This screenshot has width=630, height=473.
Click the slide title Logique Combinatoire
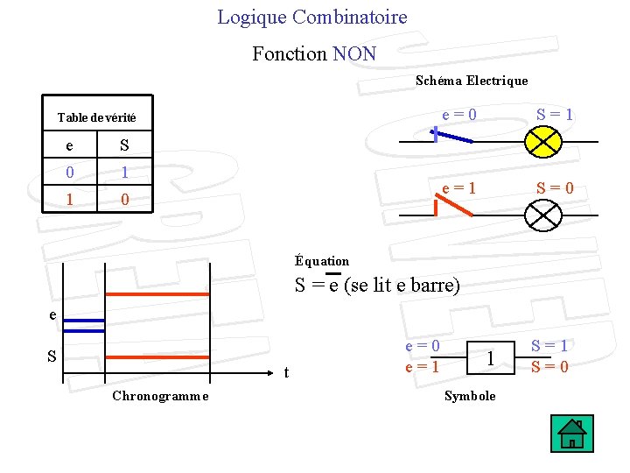click(311, 17)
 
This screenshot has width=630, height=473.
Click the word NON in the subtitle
click(354, 53)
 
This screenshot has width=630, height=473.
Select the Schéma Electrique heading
click(472, 81)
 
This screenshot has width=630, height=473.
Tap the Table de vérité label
click(96, 117)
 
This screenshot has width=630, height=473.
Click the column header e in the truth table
click(70, 145)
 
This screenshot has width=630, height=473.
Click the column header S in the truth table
click(124, 145)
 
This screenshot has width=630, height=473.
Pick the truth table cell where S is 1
click(124, 173)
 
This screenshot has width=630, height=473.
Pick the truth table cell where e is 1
click(70, 200)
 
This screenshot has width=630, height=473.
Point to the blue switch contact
click(452, 138)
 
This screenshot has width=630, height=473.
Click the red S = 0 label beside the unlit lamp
click(556, 187)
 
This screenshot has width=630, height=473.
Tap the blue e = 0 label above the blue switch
click(459, 115)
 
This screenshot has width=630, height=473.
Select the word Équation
click(322, 261)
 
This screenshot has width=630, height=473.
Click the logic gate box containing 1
click(492, 357)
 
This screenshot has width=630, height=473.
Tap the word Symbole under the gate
click(470, 396)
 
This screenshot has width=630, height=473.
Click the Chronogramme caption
click(160, 396)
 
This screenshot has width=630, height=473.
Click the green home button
click(572, 434)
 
